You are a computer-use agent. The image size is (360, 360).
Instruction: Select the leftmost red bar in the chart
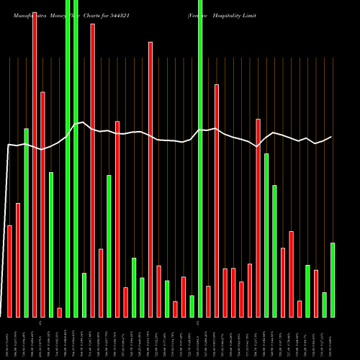pos(10,271)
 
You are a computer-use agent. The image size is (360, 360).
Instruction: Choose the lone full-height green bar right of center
pos(200,158)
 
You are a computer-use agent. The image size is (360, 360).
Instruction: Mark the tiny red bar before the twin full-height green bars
pos(60,312)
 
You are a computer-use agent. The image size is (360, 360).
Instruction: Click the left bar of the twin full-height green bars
pos(68,158)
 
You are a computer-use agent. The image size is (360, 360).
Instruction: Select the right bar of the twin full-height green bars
pos(76,158)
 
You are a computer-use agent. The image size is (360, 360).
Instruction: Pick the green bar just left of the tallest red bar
pos(27,222)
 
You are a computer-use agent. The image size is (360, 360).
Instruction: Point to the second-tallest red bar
pos(92,170)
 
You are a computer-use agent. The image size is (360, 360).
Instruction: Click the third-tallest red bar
pos(150,179)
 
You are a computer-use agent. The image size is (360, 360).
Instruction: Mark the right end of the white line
pos(332,137)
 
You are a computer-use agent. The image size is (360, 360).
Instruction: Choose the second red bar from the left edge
pos(18,260)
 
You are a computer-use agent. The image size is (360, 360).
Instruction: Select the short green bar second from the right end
pos(324,305)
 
